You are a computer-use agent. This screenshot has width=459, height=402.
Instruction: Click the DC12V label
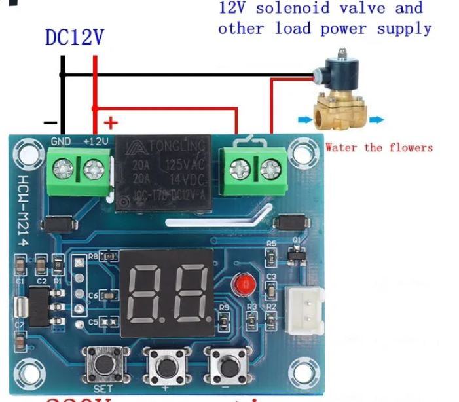pos(74,37)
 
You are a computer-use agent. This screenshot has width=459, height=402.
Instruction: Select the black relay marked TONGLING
pos(163,174)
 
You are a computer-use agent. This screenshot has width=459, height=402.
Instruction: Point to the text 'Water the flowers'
pos(379,147)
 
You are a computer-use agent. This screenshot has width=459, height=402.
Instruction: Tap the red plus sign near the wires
pos(111,122)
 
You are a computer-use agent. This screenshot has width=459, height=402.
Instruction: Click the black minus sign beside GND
pos(50,122)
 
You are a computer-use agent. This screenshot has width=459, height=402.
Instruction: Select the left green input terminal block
pos(79,170)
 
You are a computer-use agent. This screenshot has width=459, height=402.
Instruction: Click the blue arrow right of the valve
pos(377,120)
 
